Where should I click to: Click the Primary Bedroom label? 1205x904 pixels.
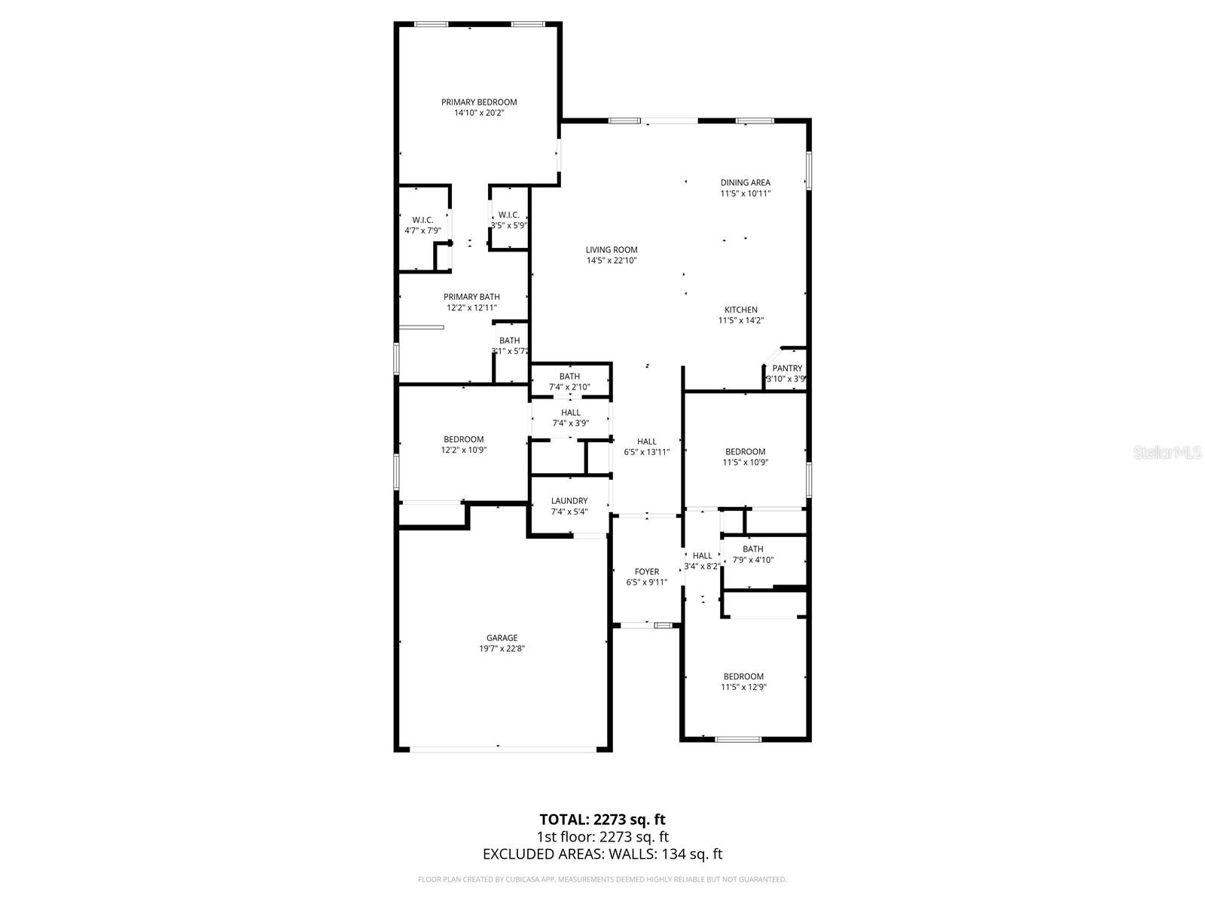479,102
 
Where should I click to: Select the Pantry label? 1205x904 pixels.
787,368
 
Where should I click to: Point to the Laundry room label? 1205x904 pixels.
569,501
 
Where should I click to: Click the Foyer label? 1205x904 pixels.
646,572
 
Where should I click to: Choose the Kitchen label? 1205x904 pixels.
741,310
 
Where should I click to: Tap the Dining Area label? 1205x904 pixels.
745,182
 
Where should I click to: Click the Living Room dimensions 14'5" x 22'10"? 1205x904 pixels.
612,261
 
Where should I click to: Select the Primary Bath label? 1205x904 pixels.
471,297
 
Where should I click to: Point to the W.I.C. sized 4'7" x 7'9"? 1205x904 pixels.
423,225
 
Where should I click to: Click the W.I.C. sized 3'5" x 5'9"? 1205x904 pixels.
509,220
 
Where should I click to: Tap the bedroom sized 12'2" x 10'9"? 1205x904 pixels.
463,444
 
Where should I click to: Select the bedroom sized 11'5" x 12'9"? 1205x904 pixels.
743,682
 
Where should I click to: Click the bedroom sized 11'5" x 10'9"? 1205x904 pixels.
745,457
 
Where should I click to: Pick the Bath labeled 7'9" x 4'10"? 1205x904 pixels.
752,554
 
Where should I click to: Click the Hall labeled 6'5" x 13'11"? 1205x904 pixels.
646,447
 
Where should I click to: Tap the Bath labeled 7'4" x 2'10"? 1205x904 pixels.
569,382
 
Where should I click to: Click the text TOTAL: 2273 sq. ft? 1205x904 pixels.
602,819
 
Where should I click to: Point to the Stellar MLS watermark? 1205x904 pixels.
1168,452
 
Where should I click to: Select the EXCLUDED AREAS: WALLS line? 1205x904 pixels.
602,854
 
